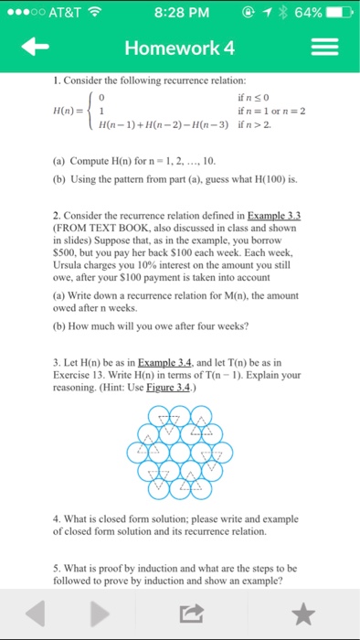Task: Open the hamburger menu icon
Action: pyautogui.click(x=324, y=48)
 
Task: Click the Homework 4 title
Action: pyautogui.click(x=180, y=48)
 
